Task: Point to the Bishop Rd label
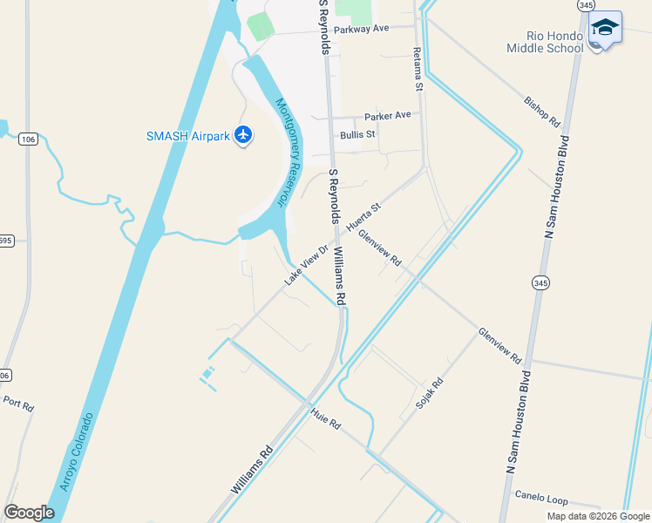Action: click(540, 112)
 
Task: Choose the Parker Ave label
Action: click(387, 115)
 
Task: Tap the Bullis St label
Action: click(357, 134)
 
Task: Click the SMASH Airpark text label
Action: click(187, 135)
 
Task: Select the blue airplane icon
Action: click(242, 135)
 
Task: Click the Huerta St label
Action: click(363, 218)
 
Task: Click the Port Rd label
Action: click(17, 405)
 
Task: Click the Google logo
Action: click(29, 513)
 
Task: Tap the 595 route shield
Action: click(5, 241)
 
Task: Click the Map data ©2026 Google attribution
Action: click(598, 516)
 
